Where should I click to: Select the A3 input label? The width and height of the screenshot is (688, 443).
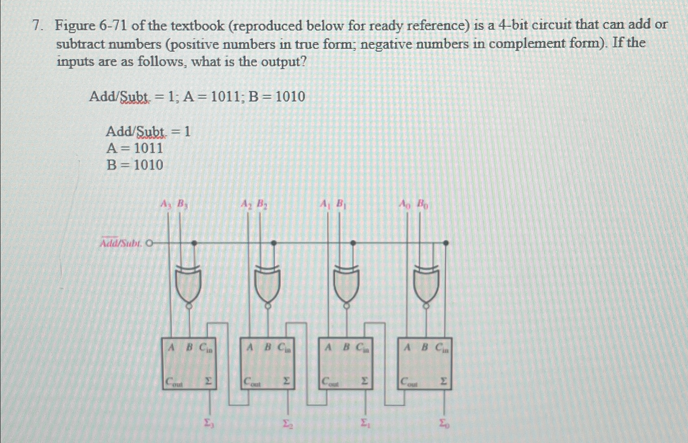165,204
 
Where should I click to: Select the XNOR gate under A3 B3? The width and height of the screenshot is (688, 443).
189,282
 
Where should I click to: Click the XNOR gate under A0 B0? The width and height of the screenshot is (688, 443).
427,282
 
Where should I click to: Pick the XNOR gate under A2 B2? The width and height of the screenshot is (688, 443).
268,282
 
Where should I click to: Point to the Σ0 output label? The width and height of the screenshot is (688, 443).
445,423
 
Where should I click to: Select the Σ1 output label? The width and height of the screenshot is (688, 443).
365,423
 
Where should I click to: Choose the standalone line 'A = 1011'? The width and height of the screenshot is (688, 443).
134,148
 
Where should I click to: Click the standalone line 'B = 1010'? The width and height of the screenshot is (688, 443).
134,165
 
